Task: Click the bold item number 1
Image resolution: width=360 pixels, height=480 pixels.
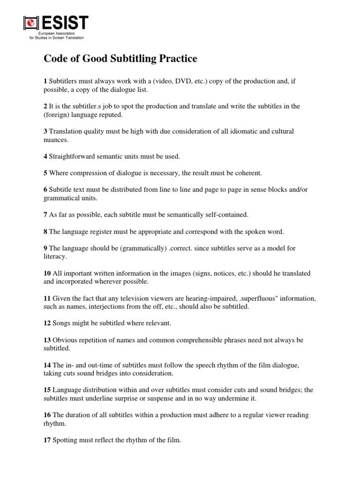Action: tap(45, 81)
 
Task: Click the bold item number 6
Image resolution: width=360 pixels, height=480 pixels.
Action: tap(45, 189)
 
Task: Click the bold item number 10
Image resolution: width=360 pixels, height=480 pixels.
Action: tap(47, 273)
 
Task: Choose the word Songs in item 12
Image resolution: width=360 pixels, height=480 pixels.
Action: tap(62, 323)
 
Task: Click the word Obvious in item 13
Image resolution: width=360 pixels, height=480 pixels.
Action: tap(65, 339)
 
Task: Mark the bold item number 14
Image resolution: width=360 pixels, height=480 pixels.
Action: tap(47, 365)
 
